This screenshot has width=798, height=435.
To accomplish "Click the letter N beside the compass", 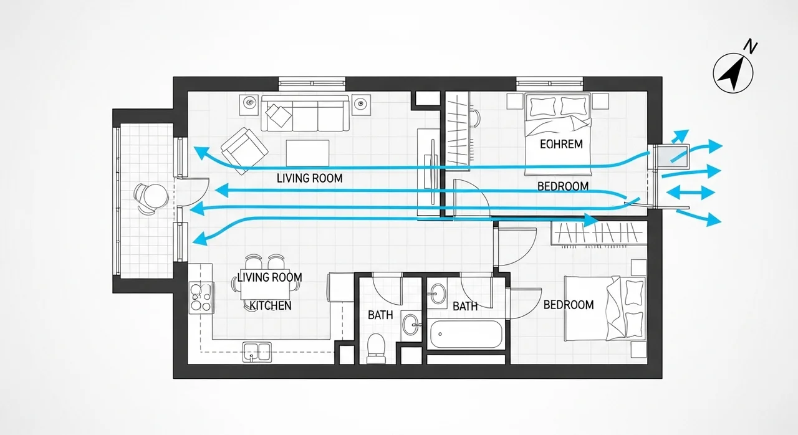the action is coord(751,47).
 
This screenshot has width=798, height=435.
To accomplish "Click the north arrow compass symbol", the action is coord(733,74).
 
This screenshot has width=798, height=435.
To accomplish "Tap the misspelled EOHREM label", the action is coord(561,144).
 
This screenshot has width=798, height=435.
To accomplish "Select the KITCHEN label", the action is coord(270,305).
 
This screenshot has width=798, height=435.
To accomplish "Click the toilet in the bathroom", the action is coord(376,348).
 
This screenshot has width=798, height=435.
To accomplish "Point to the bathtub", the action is coord(466,334).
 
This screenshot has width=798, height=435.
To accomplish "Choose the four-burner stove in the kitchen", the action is coord(201,298).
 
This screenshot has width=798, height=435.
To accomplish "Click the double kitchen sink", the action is coord(257,351).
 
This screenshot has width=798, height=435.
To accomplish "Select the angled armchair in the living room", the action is coord(244,151).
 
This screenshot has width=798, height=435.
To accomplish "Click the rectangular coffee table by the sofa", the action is coord(307,153).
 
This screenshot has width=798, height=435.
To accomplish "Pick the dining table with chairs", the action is coord(266,283).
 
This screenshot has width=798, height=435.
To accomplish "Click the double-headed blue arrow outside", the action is coord(690,193).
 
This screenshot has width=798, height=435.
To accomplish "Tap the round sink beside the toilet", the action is coord(411,325).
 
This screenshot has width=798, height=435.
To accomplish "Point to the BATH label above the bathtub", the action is coord(465,306).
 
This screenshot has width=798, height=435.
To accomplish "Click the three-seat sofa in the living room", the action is coord(305,113).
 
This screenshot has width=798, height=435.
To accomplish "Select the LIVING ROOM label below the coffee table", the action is coord(310,178).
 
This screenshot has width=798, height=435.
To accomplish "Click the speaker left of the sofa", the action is coord(249,104).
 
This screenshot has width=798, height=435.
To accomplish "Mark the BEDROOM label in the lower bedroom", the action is coord(569,305).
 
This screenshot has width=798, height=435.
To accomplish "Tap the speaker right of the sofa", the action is coord(361,104).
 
